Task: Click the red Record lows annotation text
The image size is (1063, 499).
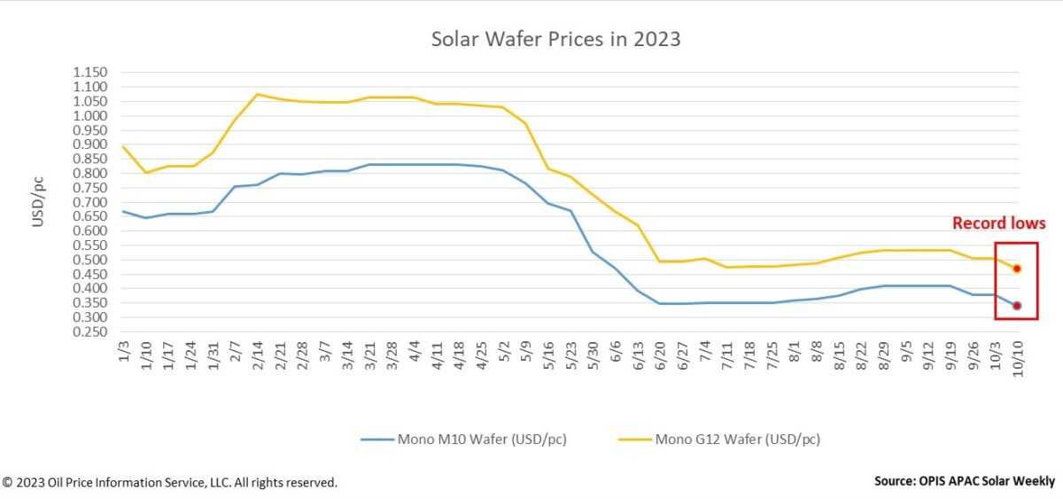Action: (998, 224)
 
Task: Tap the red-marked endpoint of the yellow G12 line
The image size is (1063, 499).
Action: (1017, 268)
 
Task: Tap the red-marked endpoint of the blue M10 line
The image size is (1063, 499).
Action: (1017, 306)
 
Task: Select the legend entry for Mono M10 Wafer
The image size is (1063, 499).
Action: (463, 438)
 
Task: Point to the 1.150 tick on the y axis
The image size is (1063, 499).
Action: (89, 73)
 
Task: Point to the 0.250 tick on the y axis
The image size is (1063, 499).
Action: (89, 331)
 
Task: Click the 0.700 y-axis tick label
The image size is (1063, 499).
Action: (89, 202)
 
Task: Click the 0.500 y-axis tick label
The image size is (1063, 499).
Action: (89, 260)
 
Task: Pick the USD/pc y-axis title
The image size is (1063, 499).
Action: (38, 202)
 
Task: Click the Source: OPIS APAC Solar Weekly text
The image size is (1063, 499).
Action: (964, 481)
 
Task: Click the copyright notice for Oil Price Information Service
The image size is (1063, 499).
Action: (169, 483)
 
